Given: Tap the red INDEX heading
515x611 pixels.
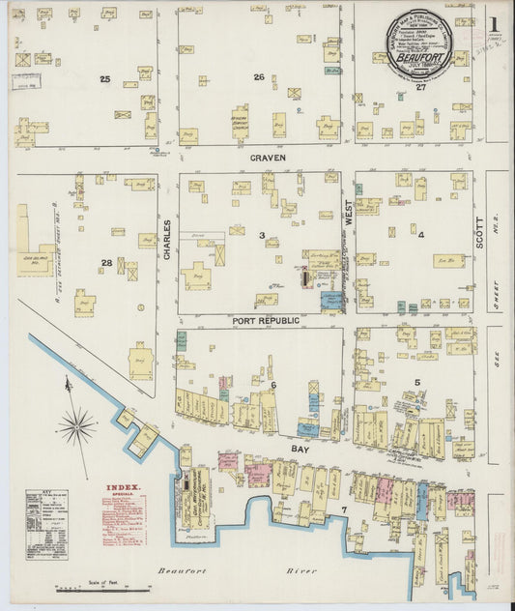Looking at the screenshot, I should (x=123, y=488).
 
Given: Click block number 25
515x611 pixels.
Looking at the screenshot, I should (x=104, y=77).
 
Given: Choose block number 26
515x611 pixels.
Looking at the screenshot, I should (x=258, y=77).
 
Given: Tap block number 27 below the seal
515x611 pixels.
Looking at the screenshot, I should (x=420, y=87).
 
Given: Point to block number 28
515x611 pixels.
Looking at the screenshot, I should (x=106, y=262).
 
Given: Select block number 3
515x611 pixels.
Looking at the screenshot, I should (x=261, y=235).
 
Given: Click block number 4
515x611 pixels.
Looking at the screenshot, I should (x=421, y=234).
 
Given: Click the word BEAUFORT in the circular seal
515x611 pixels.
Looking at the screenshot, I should (x=421, y=56).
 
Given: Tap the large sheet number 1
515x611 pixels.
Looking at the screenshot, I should (x=493, y=23).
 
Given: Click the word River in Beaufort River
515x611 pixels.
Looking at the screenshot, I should (x=301, y=571).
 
